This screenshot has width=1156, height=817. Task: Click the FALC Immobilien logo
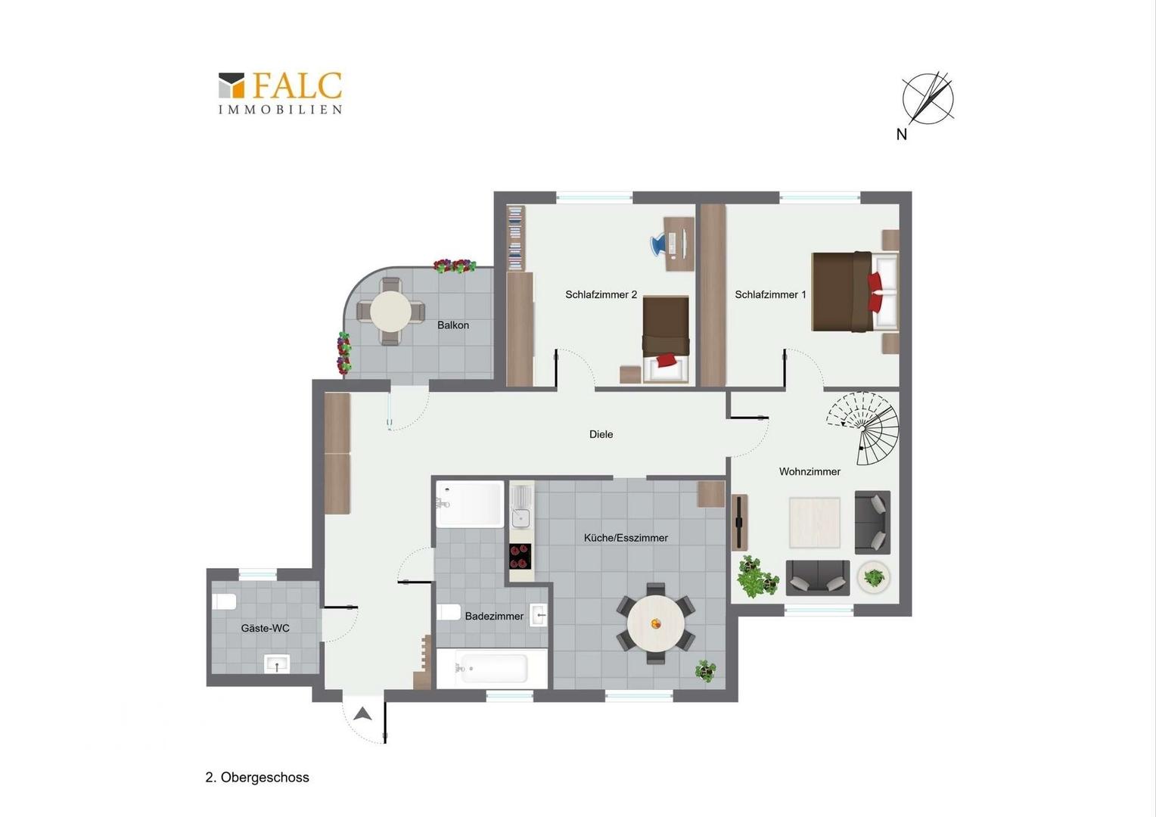coord(280,93)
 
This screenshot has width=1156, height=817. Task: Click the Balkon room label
coord(453,325)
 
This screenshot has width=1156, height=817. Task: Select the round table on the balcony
coord(390,312)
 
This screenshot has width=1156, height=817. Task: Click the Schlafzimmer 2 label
coord(601,295)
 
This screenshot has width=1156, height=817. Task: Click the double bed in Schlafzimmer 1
coord(855,291)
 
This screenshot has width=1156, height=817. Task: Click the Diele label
coord(601,434)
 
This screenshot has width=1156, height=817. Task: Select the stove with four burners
coord(521,556)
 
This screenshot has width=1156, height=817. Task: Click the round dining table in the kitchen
coord(655,623)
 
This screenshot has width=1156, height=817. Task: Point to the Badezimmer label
coord(494,617)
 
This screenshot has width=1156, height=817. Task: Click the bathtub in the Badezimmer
coord(493,669)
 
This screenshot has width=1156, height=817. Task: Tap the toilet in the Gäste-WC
coord(224,601)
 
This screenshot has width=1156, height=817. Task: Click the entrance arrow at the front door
coord(363,714)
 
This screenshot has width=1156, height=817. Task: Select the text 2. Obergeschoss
coord(257,777)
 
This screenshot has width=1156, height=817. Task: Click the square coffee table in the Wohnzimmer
coord(814,522)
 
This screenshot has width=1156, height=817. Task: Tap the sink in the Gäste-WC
coord(277,663)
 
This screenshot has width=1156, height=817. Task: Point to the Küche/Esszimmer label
coord(626,538)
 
